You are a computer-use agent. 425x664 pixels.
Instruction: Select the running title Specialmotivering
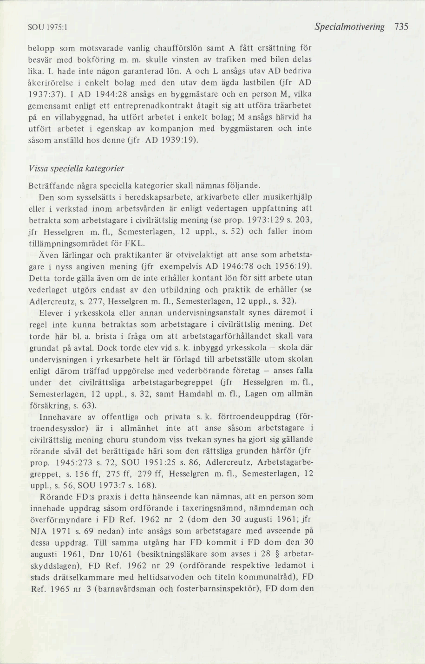click(x=349, y=27)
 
